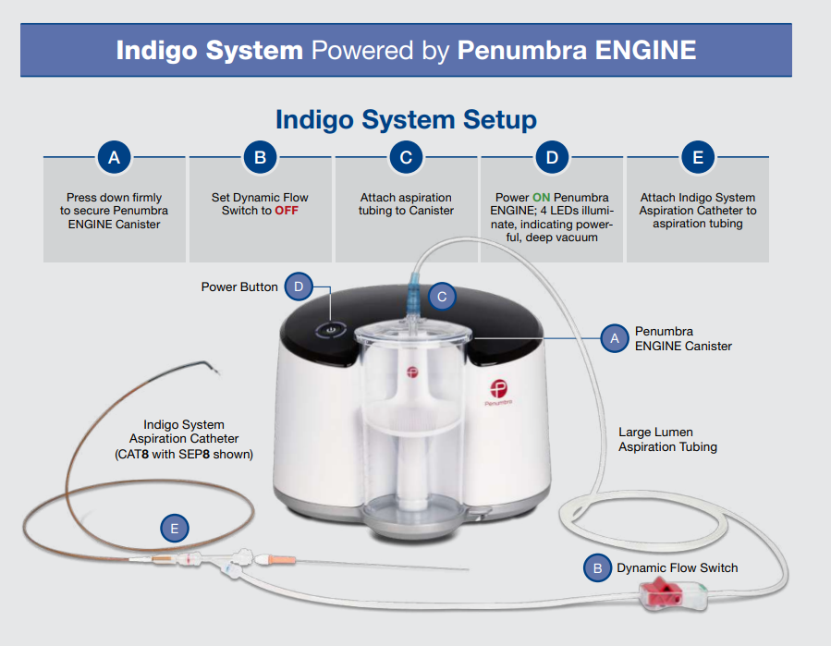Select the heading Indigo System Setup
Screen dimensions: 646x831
pos(406,119)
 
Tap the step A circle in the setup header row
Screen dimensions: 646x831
pos(115,157)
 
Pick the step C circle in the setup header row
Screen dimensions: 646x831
pos(406,157)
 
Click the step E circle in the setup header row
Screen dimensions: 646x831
pos(698,157)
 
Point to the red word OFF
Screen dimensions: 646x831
pos(287,211)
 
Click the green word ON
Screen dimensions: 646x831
pos(542,198)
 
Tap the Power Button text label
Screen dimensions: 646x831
pos(239,287)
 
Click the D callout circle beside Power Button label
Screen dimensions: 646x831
pos(299,286)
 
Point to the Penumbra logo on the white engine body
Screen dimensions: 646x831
pos(501,390)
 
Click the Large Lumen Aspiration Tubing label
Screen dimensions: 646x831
pos(667,439)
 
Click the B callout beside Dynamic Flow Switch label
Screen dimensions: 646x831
pos(598,567)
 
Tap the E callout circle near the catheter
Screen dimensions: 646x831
pos(174,529)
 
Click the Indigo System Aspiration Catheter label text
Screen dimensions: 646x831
pos(184,440)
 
